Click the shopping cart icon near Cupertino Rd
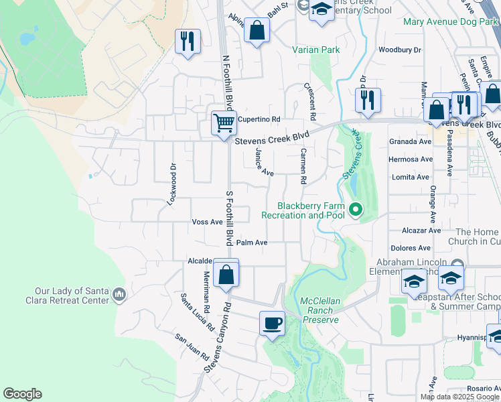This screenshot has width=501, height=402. (x=224, y=122)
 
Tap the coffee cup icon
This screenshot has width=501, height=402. (x=272, y=323)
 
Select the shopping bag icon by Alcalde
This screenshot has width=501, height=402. (x=226, y=273)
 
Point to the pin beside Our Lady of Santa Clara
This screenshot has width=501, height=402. (x=119, y=293)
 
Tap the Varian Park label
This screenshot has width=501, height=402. (x=316, y=50)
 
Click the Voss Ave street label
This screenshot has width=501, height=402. (x=207, y=222)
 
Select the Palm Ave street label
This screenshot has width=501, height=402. (x=252, y=243)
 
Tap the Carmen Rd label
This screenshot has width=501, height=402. (x=303, y=167)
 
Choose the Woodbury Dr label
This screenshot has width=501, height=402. (x=399, y=50)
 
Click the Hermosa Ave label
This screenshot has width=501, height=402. (x=411, y=159)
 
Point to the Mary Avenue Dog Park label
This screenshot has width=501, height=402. (x=451, y=22)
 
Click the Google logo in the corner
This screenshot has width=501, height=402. (x=22, y=394)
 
